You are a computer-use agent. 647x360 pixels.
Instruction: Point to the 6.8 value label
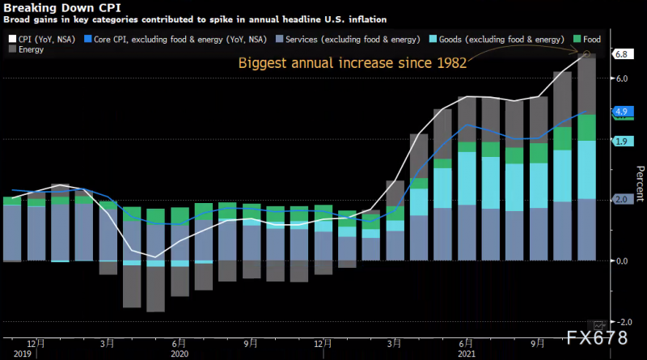point(621,54)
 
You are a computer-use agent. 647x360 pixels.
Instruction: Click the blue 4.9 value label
point(621,112)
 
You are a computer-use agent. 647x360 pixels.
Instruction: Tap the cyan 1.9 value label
point(621,142)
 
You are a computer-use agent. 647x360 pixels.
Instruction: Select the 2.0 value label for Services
point(621,199)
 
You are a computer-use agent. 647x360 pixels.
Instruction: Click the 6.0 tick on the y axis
point(621,78)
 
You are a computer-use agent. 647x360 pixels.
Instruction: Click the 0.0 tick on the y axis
point(621,260)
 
